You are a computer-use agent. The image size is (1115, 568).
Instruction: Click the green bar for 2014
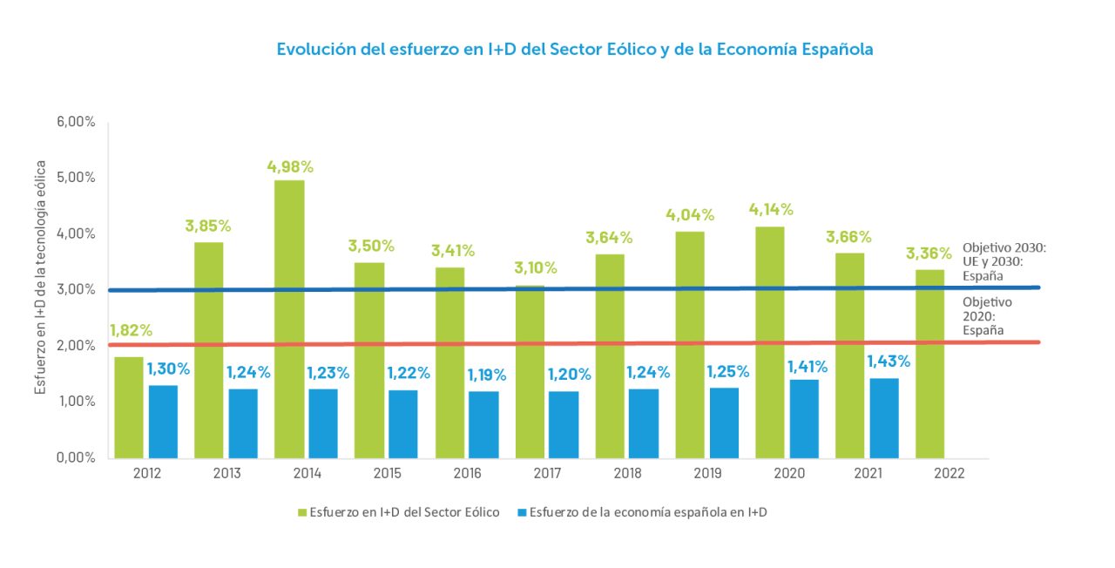tap(289, 319)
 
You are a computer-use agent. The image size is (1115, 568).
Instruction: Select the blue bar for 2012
tap(163, 422)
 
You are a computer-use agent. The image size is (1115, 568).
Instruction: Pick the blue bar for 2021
tap(883, 418)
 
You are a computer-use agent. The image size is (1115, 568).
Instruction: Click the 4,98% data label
tap(290, 166)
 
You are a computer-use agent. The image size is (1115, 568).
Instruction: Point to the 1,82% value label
tap(130, 330)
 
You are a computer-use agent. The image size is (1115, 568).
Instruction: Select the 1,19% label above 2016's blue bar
tap(489, 375)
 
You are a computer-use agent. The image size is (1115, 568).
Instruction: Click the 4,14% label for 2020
tap(771, 209)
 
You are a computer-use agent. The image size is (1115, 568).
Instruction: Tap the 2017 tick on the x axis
tap(548, 472)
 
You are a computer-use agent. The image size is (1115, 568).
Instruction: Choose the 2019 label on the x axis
tap(708, 472)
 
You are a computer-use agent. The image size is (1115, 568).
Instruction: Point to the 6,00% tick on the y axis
tap(76, 122)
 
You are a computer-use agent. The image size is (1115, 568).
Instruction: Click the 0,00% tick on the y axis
tap(76, 457)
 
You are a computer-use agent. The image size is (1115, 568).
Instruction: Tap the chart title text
tap(575, 50)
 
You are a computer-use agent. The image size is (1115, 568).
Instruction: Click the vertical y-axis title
tap(41, 276)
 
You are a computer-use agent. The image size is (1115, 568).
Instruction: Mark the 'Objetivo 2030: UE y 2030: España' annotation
tap(1003, 261)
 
